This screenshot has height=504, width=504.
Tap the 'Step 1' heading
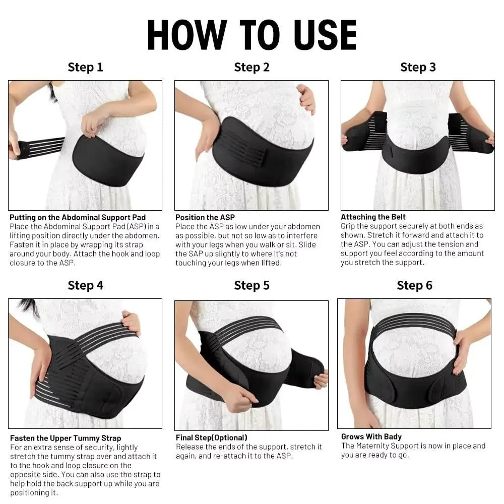85,67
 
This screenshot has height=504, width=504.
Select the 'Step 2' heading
251,67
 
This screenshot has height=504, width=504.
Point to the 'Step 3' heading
418,67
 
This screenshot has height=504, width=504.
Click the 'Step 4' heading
85,285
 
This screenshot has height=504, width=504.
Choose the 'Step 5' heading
251,285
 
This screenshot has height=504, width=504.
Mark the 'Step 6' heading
414,285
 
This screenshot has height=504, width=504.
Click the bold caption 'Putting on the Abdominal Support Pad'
78,218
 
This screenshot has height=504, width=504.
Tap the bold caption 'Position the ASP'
205,218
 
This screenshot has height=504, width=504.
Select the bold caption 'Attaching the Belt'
373,217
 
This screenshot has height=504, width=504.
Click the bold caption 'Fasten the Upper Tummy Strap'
66,438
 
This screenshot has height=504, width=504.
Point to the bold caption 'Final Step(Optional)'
211,437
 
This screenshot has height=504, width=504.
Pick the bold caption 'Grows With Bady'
371,436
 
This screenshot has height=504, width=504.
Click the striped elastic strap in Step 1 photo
43,147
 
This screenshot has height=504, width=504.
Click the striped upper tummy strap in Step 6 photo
413,322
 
